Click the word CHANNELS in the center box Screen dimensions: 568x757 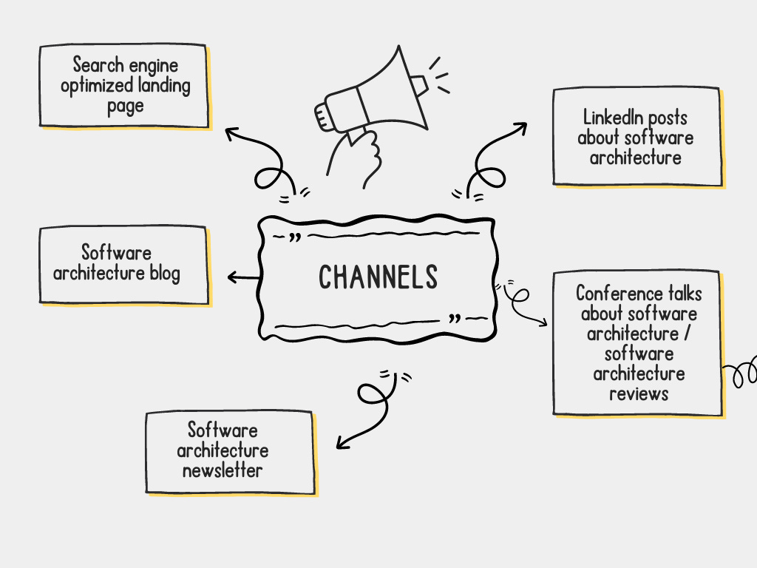click(378, 277)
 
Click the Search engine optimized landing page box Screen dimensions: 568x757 click(124, 86)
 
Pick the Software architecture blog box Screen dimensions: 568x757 click(123, 264)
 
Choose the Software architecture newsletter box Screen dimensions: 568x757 click(230, 451)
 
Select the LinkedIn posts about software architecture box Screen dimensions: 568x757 click(637, 137)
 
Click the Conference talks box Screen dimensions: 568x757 click(637, 343)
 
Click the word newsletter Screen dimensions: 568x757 click(223, 470)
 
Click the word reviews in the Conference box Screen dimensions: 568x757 click(639, 393)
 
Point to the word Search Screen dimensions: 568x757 click(97, 66)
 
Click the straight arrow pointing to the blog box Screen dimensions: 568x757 click(243, 277)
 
